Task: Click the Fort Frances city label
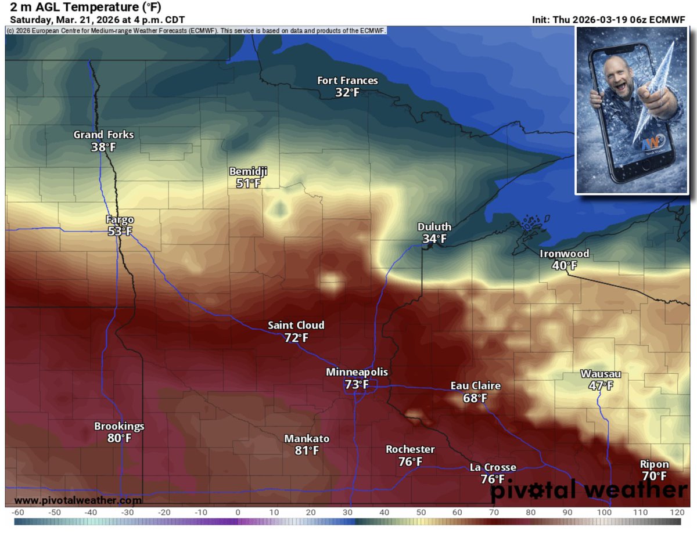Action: (x=347, y=81)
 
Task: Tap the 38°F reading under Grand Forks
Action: (x=103, y=147)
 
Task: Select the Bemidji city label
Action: (x=248, y=171)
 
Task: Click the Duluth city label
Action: (x=434, y=227)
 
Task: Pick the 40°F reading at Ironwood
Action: (x=564, y=266)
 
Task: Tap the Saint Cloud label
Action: (x=296, y=325)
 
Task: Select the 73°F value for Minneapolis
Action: (x=357, y=384)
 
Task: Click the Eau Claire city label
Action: (x=475, y=386)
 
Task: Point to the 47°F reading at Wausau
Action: (x=601, y=386)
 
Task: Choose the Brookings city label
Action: (x=119, y=427)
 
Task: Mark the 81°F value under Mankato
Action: (x=306, y=450)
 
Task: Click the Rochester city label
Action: (x=410, y=450)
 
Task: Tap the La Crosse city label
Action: (x=493, y=467)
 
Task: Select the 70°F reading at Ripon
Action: (x=654, y=477)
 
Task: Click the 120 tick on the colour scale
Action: (x=675, y=513)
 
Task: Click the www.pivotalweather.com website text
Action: (x=77, y=500)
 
